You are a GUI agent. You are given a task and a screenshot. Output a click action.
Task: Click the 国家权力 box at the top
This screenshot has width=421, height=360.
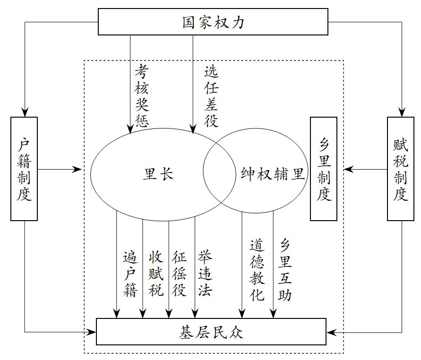point(213,22)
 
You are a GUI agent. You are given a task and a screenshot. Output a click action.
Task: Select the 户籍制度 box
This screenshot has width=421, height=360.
point(24,169)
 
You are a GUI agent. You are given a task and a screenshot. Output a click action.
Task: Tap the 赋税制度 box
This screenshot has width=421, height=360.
point(400,169)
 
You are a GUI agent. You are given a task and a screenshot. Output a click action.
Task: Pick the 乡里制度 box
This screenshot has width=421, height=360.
point(324,169)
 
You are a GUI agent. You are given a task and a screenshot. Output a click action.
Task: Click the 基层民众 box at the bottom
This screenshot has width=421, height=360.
point(211,331)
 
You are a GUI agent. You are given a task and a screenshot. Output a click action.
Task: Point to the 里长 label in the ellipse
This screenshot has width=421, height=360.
point(158,174)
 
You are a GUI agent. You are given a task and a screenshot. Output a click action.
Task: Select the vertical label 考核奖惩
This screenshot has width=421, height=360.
point(141,96)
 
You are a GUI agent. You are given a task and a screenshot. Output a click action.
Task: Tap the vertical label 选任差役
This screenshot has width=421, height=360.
point(211,96)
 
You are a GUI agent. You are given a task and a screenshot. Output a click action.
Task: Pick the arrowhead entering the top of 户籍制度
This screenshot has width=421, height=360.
point(24,112)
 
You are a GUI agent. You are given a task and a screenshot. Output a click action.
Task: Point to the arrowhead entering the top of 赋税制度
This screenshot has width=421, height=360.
point(400,112)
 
